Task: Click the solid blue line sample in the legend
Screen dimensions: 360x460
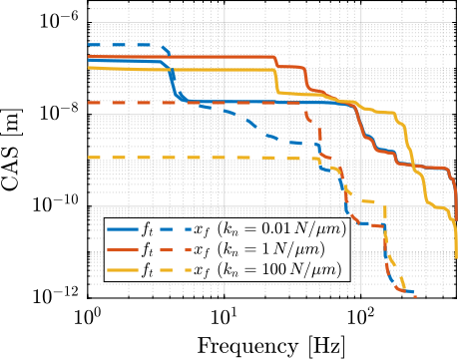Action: [123, 229]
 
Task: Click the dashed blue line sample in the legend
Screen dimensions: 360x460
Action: [176, 229]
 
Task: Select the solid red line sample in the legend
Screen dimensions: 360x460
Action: [123, 249]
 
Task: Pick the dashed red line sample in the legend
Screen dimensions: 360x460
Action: [176, 249]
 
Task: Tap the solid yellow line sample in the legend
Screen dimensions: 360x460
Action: [123, 269]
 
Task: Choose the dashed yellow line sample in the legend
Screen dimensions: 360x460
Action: [176, 269]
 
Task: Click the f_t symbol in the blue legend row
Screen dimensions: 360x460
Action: [147, 229]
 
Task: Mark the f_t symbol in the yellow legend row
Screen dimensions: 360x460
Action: [147, 269]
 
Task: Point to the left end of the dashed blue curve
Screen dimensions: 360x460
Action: [90, 45]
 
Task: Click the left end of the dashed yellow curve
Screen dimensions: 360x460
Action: [90, 158]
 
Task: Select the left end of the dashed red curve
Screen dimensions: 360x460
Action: [90, 102]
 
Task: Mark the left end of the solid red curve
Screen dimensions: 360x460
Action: [90, 57]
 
